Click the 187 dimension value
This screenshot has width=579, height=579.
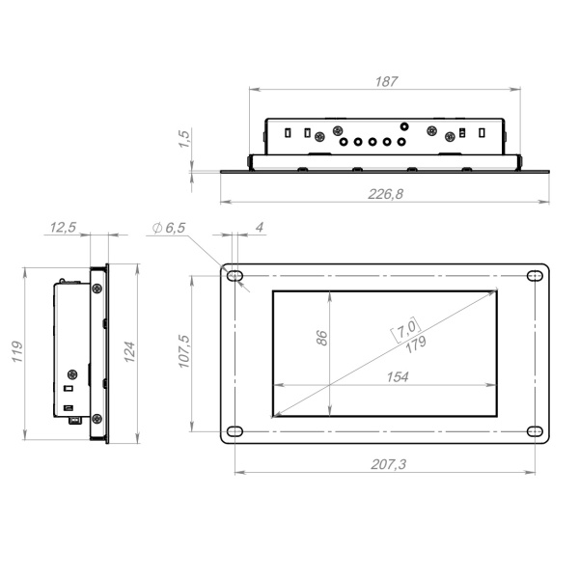click(x=386, y=81)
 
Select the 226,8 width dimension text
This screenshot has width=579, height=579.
click(x=385, y=194)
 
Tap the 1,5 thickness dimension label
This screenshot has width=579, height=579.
click(x=184, y=139)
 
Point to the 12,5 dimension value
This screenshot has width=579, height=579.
click(x=63, y=227)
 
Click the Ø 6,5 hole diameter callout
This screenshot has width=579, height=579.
click(x=169, y=228)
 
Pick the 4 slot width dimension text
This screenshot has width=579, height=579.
click(x=260, y=227)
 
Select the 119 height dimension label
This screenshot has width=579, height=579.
click(x=17, y=351)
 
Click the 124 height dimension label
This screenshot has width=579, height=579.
click(x=129, y=351)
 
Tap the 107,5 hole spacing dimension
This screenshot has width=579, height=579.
click(x=184, y=351)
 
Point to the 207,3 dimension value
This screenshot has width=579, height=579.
click(x=389, y=464)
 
